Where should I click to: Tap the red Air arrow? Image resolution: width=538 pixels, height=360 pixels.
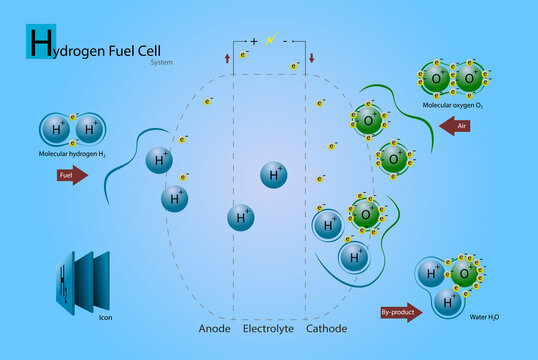pos(456,127)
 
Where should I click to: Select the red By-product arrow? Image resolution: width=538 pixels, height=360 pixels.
pos(401,312)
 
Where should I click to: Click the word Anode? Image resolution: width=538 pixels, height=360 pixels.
pos(214,329)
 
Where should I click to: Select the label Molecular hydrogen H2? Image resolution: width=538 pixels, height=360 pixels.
pos(73,152)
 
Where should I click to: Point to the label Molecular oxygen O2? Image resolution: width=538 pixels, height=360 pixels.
pos(452,105)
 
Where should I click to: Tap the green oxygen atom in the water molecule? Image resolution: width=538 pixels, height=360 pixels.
pos(463,272)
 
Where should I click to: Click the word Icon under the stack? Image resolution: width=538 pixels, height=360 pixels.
pos(105,319)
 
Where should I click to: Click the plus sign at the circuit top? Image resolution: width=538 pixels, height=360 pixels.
pos(254,41)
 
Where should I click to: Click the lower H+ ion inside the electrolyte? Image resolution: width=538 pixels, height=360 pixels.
pos(240,217)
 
